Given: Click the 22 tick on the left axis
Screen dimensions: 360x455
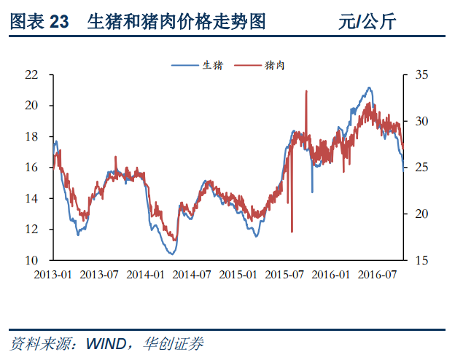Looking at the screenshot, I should point(31,74).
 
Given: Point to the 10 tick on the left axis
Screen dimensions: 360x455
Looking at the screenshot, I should point(31,260).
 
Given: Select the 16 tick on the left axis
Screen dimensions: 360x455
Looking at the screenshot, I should point(31,168).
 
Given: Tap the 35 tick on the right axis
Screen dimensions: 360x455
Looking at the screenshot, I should point(421,74).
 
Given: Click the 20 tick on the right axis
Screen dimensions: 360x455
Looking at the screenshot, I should point(421,214).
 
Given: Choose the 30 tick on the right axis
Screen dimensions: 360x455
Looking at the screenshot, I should point(421,121).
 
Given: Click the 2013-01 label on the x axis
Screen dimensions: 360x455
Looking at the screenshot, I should point(53,275).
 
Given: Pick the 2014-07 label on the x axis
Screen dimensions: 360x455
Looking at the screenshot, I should point(191,275).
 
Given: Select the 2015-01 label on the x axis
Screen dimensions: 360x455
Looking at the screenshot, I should point(238,275).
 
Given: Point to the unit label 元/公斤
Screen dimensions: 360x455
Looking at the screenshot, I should point(367,23).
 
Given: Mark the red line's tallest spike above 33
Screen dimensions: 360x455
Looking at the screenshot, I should point(306,91).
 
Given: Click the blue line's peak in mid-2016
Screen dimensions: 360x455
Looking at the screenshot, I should point(370,87).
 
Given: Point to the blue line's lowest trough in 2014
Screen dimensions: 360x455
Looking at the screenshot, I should point(171,254).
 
